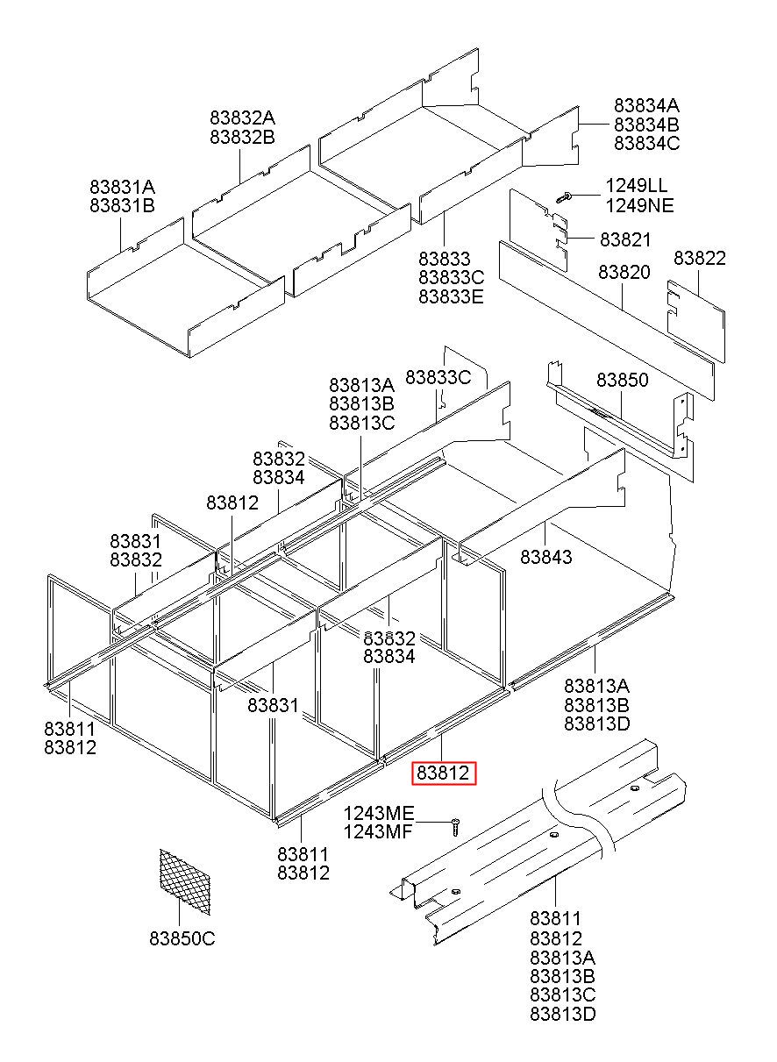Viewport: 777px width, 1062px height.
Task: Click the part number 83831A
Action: tap(121, 187)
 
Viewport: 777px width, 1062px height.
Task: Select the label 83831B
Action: tap(121, 206)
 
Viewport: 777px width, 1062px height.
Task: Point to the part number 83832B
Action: tap(242, 137)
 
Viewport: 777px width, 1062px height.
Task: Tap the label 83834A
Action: tap(646, 104)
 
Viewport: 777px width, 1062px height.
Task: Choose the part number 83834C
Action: tap(646, 143)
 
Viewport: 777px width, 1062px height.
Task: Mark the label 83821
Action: tap(625, 239)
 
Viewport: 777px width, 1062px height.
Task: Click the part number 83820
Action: tap(624, 273)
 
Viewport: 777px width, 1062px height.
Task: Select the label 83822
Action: tap(699, 259)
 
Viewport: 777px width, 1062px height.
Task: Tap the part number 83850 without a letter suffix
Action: tap(622, 380)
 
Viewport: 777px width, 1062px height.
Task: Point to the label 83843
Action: tap(545, 556)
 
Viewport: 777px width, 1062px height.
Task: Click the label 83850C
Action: tap(182, 939)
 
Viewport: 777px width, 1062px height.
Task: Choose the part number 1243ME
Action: tap(378, 813)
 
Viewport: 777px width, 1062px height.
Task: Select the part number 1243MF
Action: tap(378, 832)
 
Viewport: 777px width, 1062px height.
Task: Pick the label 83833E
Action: tap(451, 296)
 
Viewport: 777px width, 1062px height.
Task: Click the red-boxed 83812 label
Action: tap(445, 773)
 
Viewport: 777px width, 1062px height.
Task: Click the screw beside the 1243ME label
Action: tap(455, 825)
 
